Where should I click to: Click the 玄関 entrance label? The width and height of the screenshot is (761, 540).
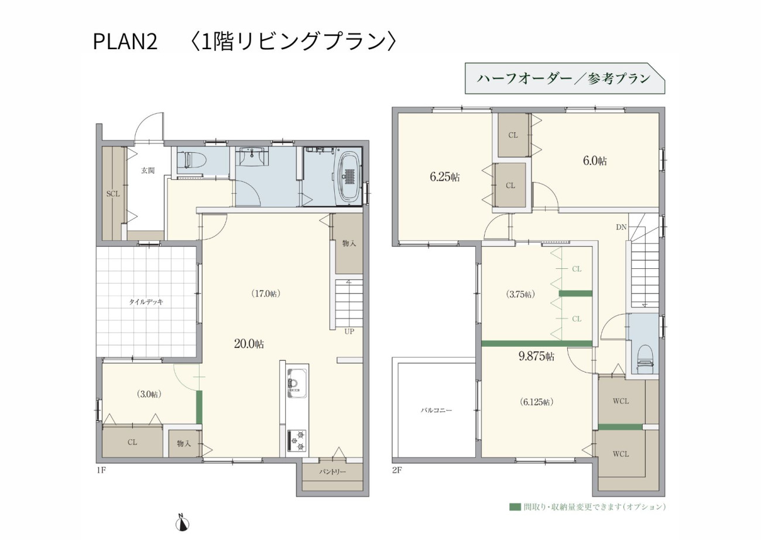click(148, 170)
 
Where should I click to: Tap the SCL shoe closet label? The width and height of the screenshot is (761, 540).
click(113, 194)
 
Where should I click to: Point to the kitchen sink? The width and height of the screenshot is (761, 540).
click(297, 383)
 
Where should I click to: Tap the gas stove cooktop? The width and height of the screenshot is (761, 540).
click(297, 440)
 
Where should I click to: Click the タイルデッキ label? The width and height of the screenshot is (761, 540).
click(146, 302)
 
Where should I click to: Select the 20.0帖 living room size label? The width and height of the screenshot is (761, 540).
click(249, 344)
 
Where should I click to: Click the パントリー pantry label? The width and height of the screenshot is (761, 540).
click(332, 471)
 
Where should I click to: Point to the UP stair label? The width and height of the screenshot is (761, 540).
click(349, 331)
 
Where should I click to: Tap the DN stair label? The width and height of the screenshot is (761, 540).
click(621, 227)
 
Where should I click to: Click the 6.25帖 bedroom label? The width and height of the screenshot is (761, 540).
click(445, 177)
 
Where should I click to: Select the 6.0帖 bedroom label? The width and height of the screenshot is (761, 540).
click(595, 160)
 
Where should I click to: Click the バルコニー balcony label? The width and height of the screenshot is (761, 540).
click(436, 410)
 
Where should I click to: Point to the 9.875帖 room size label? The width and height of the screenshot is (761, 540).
click(536, 356)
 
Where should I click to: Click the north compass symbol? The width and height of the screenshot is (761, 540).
click(182, 524)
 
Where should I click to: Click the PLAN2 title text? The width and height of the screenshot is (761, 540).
click(125, 42)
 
